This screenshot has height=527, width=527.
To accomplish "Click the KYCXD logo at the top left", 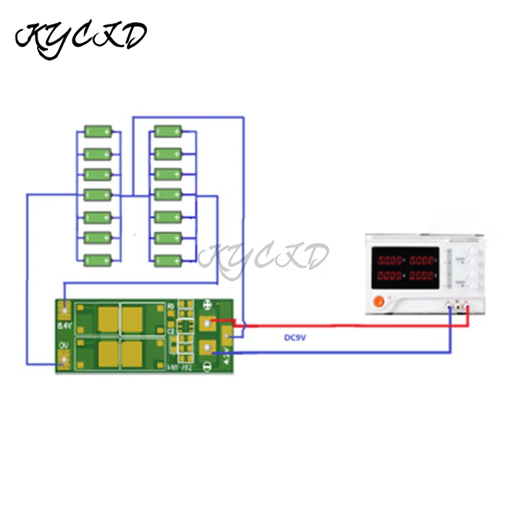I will coord(81,40).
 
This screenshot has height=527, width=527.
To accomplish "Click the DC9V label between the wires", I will coord(296,338).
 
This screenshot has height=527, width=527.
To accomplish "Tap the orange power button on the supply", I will coord(378,302).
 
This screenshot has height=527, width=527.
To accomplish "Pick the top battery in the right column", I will coord(167,132).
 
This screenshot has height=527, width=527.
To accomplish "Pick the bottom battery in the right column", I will coord(167,260).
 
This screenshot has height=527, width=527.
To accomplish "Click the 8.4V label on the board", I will coord(64,325).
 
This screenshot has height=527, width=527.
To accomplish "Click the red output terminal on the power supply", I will coord(467,306).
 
